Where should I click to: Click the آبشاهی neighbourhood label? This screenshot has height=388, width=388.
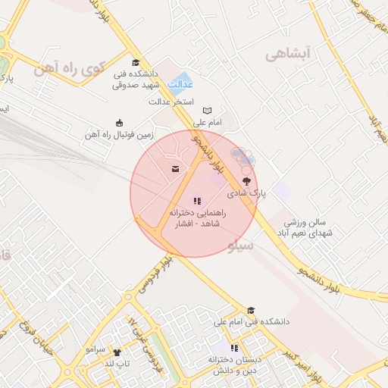click(x=289, y=54)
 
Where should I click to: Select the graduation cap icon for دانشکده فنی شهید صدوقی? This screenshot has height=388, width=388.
click(x=136, y=63)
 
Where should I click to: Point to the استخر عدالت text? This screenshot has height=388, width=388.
click(x=171, y=101)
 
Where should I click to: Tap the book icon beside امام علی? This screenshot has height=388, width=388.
click(x=208, y=111)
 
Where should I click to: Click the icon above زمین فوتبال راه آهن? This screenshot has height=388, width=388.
click(x=119, y=124)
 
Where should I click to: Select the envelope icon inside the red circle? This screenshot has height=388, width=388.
click(x=176, y=168)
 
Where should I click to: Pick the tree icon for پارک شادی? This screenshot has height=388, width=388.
click(x=246, y=180)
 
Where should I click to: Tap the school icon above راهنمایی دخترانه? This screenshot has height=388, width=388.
click(x=197, y=201)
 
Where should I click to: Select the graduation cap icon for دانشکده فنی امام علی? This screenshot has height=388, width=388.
click(x=251, y=310)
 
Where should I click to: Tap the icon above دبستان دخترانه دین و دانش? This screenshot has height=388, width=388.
click(x=235, y=348)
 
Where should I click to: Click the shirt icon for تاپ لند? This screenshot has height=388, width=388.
click(x=117, y=352)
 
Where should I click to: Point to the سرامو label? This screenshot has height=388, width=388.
click(x=95, y=349)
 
